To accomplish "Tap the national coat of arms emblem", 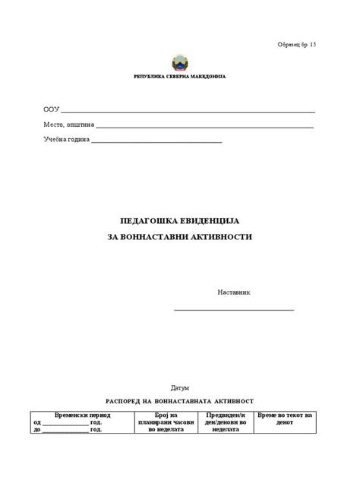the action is point(179,62).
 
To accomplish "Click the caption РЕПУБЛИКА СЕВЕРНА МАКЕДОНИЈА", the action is point(179,77).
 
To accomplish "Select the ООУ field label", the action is point(51,109).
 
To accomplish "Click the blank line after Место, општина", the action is point(205,127).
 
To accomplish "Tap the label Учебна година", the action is point(66,140).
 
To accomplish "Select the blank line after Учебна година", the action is point(156,142).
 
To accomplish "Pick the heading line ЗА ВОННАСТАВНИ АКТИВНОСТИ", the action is point(180,237).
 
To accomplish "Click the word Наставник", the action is point(234,292).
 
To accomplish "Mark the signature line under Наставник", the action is point(234,309).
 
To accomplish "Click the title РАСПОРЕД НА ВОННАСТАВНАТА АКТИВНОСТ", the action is point(179,400).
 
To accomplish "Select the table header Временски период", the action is point(84,415).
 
